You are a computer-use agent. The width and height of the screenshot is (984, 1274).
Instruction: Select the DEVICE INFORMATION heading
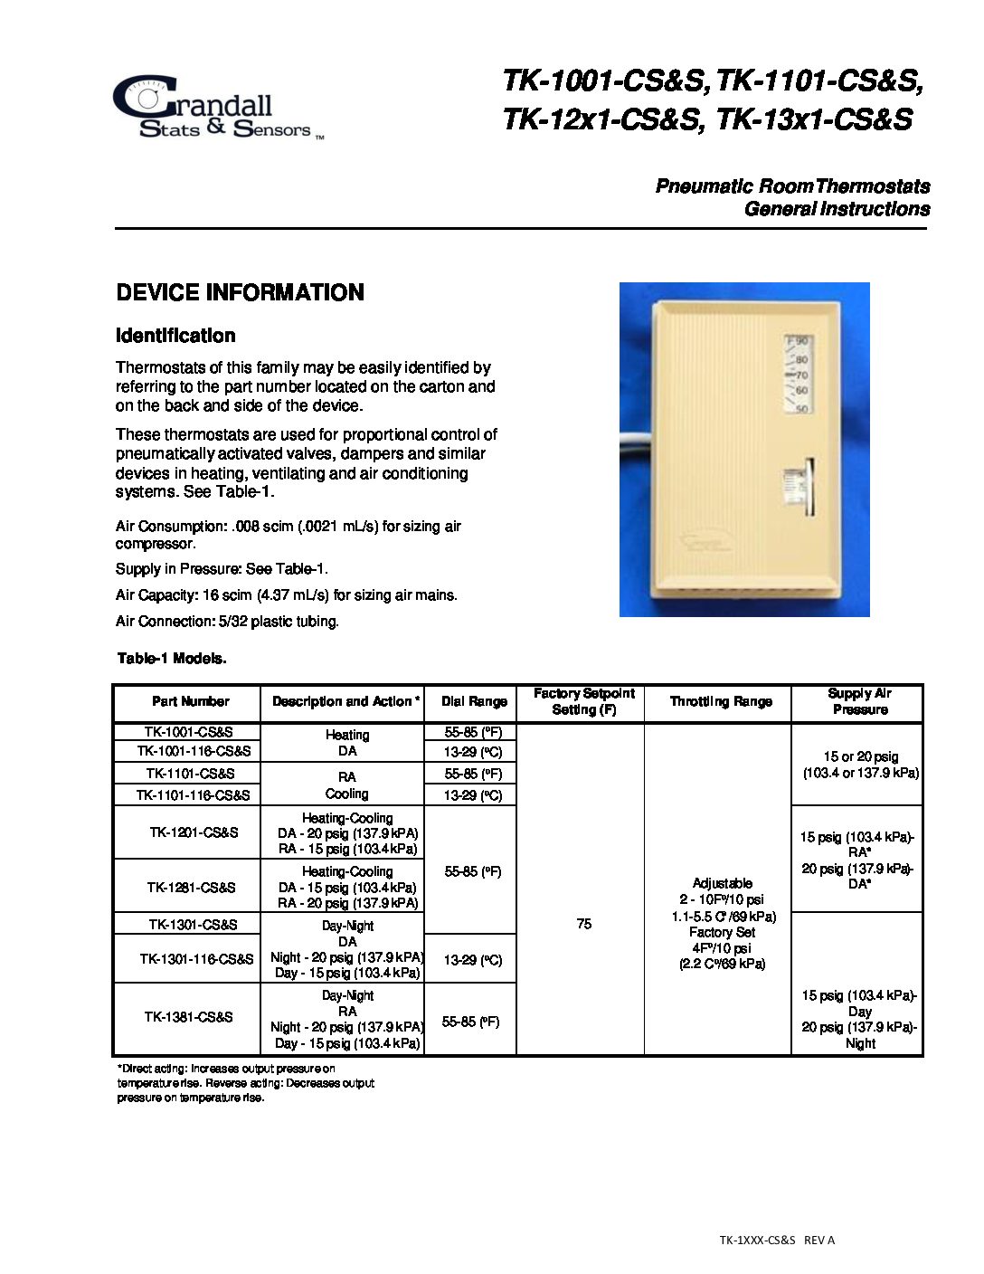click(240, 292)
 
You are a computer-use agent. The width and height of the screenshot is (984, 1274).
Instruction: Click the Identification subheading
click(175, 336)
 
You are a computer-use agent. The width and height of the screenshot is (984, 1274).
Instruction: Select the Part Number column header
click(190, 701)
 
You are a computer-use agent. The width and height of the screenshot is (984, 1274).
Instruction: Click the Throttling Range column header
click(721, 701)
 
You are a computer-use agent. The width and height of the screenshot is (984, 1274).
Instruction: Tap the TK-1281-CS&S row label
click(191, 887)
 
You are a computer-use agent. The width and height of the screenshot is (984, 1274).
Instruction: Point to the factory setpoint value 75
click(584, 924)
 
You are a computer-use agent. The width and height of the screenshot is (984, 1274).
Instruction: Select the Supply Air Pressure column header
click(860, 701)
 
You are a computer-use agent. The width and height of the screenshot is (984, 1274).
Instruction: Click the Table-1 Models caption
click(172, 659)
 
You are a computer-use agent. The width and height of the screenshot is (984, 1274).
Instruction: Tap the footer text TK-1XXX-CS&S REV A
click(777, 1240)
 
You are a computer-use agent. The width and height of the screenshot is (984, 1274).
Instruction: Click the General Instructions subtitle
click(837, 209)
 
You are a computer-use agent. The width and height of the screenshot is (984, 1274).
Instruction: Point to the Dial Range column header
click(474, 701)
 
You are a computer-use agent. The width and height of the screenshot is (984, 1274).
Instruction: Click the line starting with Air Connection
click(227, 622)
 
